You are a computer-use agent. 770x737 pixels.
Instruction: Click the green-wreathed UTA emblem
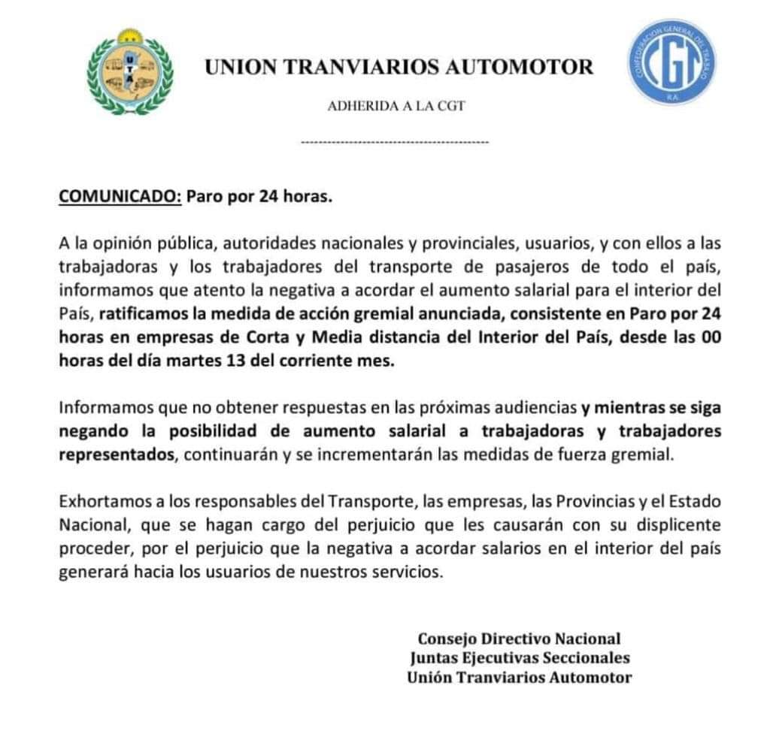129,72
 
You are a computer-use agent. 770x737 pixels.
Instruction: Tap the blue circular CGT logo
671,62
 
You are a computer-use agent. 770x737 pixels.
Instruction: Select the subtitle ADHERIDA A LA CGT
396,106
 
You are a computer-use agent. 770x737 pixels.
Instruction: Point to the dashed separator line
394,142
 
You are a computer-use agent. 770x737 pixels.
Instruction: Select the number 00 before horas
712,337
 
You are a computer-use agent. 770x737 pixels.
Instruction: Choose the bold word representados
117,455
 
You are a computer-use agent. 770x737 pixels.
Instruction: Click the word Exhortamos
99,502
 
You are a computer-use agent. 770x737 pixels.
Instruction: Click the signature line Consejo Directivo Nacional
519,639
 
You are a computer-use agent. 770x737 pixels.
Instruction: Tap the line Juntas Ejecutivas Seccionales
520,658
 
